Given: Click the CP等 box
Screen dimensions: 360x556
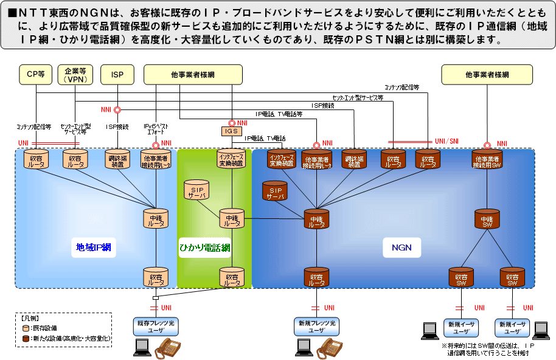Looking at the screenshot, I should tap(36, 75).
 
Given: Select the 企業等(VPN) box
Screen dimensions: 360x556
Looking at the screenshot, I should tap(75, 75).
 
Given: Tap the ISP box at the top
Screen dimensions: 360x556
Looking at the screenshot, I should tap(117, 75).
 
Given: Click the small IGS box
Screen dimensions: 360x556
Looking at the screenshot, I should tap(231, 131).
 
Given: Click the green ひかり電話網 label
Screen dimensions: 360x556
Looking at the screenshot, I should tap(204, 247).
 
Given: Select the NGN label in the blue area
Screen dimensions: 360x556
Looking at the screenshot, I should tap(401, 247).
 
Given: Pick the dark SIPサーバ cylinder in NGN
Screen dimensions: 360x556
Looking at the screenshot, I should tap(276, 190).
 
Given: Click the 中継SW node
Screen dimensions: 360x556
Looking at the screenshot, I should tap(487, 219).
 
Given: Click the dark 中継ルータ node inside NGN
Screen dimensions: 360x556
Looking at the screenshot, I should tap(316, 219).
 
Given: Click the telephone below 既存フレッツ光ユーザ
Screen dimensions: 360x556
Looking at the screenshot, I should tap(169, 347).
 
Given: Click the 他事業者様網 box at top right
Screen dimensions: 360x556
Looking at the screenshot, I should tap(487, 75).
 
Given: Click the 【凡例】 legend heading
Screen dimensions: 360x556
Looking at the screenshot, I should tap(30, 318).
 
